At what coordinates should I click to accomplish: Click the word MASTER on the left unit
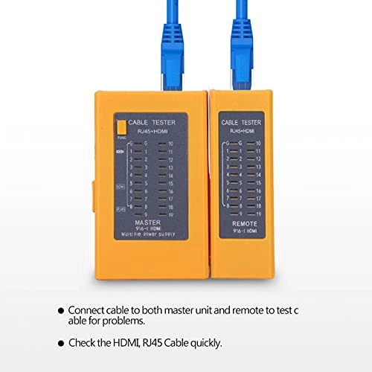click(147, 221)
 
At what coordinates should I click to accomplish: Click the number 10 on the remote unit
click(258, 142)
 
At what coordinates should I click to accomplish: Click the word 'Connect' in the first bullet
click(89, 309)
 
